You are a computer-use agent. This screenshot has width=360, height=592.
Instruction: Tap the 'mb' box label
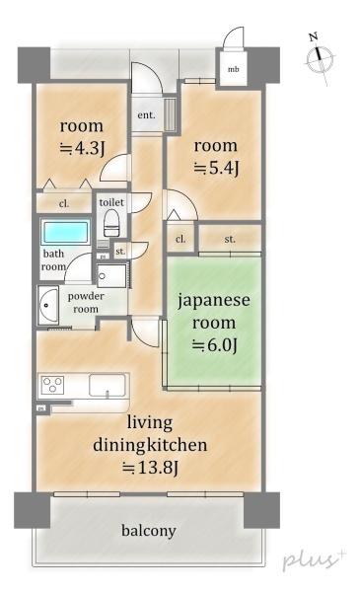(x=234, y=69)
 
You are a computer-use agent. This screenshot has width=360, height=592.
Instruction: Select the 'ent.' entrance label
(x=147, y=115)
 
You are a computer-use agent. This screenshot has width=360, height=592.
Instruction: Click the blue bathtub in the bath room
(x=66, y=235)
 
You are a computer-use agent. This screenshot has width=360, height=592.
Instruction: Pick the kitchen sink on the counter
(x=103, y=385)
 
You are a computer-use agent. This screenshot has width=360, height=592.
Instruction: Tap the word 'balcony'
(x=149, y=531)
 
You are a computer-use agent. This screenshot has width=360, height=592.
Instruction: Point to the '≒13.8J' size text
(x=149, y=468)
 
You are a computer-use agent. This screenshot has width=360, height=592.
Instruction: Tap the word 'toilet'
(x=110, y=201)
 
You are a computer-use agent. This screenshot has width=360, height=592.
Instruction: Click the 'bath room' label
(x=53, y=260)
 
